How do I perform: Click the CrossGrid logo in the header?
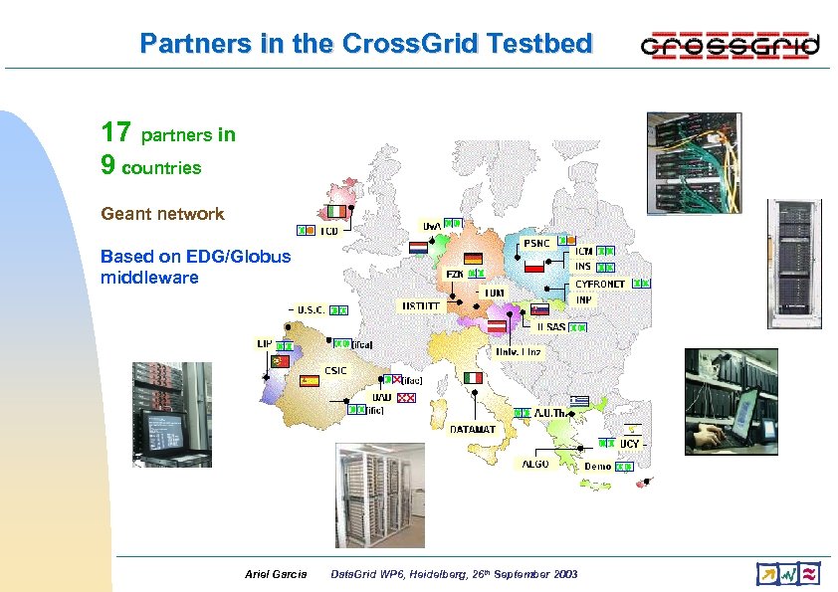point(731,46)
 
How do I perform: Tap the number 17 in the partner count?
point(116,132)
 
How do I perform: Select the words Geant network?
point(162,213)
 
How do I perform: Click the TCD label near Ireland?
point(329,231)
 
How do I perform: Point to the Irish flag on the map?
point(336,212)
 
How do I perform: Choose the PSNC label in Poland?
point(536,242)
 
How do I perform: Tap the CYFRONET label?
point(599,284)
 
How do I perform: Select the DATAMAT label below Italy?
point(472,430)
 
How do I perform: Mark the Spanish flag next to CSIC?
point(310,379)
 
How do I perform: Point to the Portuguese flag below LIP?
point(281,361)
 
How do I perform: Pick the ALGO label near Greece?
point(535,464)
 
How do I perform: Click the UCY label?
point(630,443)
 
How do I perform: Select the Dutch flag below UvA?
point(419,247)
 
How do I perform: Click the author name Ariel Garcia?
point(276,574)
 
